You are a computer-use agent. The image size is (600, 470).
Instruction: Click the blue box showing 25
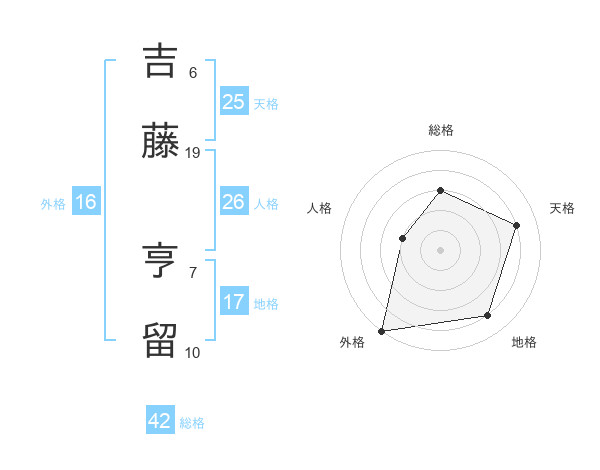pos(233,101)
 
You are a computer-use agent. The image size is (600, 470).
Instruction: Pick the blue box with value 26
pos(233,202)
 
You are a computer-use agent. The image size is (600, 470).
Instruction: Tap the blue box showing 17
pos(233,302)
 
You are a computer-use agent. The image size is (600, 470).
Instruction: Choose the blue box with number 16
pos(86,202)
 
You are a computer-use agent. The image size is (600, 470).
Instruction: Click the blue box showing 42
pos(160,421)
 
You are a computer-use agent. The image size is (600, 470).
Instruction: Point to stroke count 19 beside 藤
pos(194,153)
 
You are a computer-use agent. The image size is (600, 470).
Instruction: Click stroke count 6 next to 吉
pos(193,72)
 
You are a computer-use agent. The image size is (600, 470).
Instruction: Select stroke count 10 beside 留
pos(193,352)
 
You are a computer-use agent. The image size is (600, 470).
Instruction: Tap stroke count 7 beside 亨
pos(193,272)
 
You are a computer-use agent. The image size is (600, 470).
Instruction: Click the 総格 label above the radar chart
pos(440,131)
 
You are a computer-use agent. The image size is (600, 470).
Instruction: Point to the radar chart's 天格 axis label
pos(562,208)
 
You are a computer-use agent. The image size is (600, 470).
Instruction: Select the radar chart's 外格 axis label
pos(352,342)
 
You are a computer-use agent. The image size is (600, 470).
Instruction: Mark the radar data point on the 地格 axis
pos(488,316)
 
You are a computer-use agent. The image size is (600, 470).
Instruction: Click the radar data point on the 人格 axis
pos(402,238)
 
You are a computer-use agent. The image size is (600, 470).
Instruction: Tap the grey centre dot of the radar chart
pos(440,250)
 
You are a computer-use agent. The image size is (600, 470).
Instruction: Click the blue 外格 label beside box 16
pos(53,203)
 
